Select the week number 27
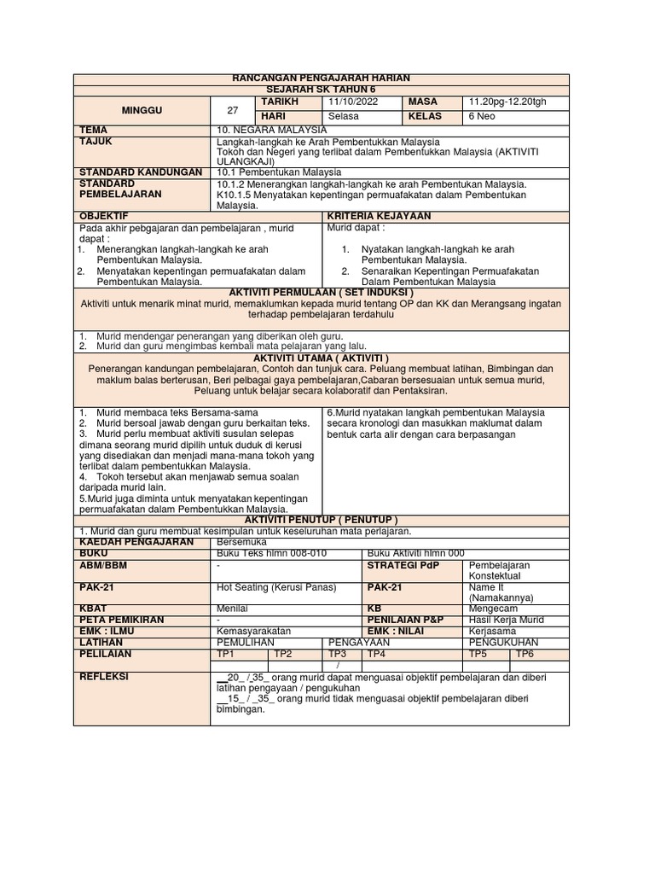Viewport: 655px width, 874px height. [232, 109]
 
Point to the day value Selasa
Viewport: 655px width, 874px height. [344, 116]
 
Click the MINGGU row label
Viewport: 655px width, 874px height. [142, 109]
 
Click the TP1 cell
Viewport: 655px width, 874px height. [227, 653]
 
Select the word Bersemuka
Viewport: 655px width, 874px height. [243, 542]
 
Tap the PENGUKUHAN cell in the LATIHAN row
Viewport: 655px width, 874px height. [508, 642]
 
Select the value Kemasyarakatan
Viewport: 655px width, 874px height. [254, 631]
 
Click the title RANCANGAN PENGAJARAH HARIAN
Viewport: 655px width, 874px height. [322, 79]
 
